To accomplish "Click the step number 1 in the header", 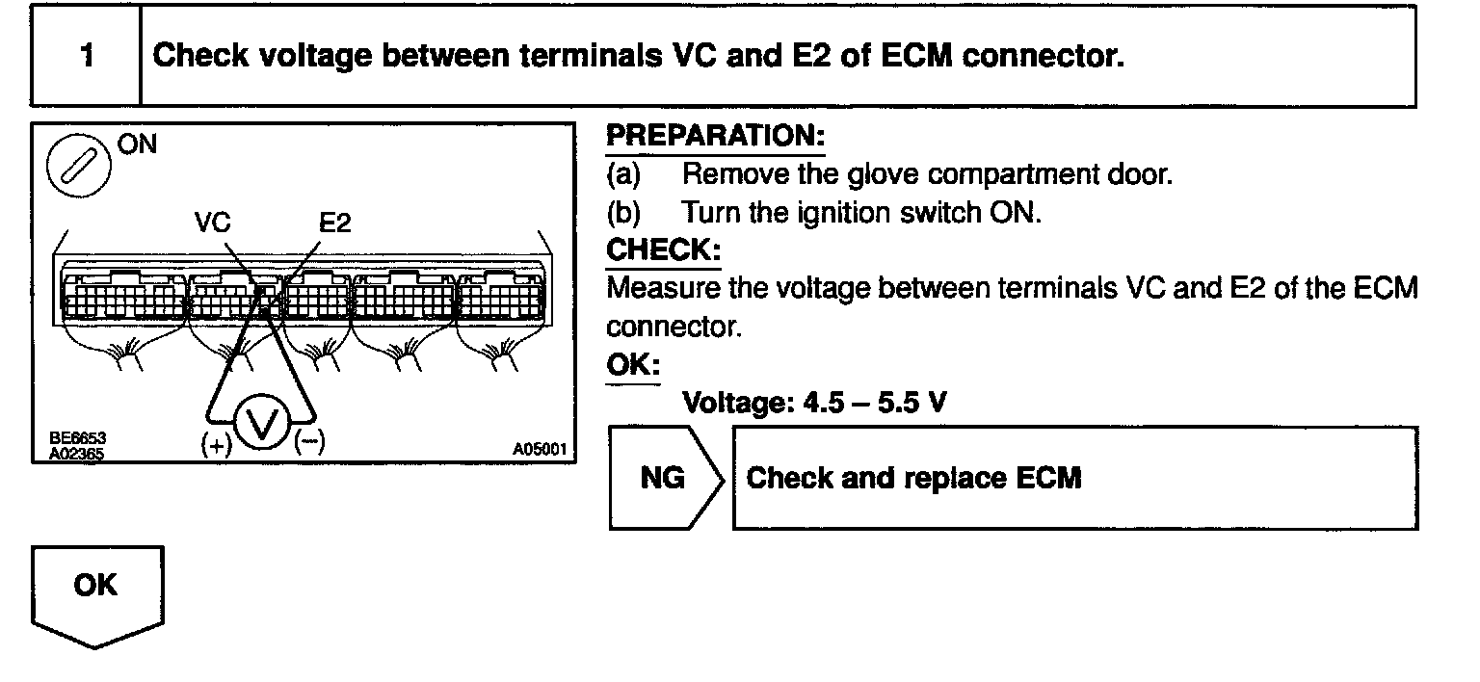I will click(87, 56).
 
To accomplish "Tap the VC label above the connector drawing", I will click(212, 223).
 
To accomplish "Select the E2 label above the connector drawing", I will click(334, 223).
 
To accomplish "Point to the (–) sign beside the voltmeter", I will click(309, 442).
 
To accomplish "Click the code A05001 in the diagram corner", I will click(540, 449).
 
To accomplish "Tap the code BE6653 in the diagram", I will click(78, 438).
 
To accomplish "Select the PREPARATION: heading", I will click(715, 137).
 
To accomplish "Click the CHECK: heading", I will click(663, 250).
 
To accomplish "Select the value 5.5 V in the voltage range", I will click(912, 402).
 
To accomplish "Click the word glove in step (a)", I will click(878, 175).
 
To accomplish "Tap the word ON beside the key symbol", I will click(137, 144).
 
